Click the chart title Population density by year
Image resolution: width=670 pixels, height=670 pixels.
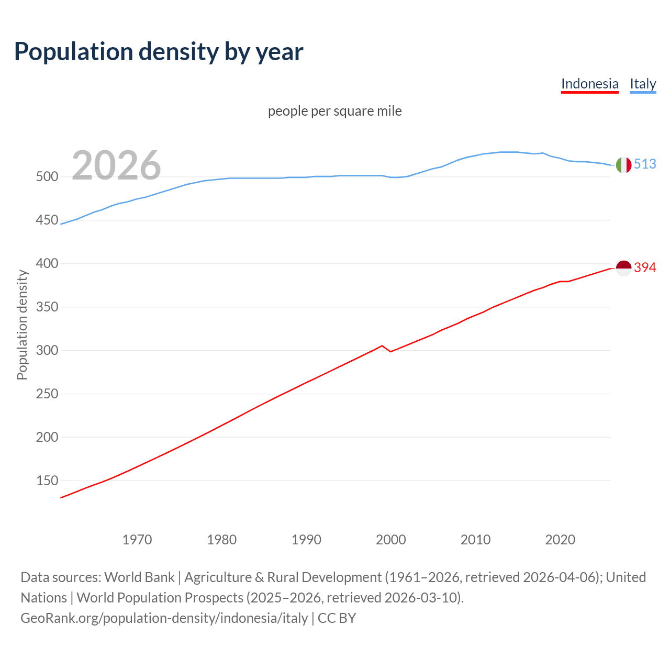click(159, 52)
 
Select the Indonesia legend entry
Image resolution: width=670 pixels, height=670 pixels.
click(589, 84)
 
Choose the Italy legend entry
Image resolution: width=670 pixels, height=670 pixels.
click(643, 84)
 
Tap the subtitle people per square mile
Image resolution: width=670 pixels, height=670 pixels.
click(334, 111)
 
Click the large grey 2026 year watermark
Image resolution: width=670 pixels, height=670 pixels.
click(116, 165)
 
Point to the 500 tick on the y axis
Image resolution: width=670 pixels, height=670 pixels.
click(47, 177)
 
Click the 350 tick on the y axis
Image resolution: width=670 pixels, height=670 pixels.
click(47, 307)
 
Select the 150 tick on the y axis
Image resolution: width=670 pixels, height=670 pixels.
click(47, 481)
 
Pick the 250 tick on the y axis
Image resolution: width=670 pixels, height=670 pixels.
click(47, 394)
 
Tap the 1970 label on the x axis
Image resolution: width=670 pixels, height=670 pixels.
click(137, 540)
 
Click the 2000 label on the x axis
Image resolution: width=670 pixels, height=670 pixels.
click(391, 540)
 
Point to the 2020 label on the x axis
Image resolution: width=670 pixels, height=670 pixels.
click(560, 540)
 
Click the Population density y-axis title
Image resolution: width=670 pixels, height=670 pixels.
click(22, 325)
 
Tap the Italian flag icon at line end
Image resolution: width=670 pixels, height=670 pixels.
click(623, 165)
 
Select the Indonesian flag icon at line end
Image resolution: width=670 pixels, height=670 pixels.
click(623, 268)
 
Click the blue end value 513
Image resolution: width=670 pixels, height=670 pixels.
click(645, 164)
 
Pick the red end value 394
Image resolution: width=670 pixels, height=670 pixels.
click(645, 267)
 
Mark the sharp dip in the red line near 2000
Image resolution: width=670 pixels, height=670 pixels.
click(390, 351)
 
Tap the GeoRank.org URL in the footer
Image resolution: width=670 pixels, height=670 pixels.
click(164, 618)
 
